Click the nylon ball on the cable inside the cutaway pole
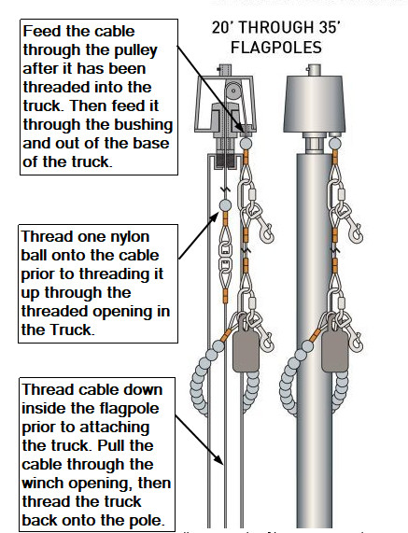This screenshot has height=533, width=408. coord(224,203)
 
